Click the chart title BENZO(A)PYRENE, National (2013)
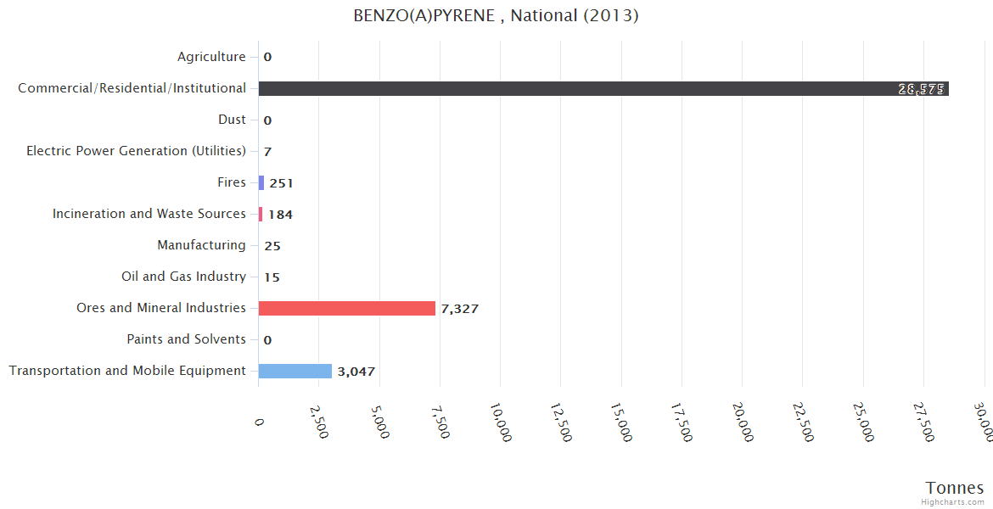[x=496, y=16]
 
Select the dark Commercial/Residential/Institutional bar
[x=603, y=88]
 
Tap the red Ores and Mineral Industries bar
[x=346, y=308]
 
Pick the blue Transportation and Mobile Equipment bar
[x=295, y=371]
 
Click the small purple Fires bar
[x=261, y=182]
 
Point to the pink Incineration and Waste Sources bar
[x=261, y=214]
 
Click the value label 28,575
[x=921, y=89]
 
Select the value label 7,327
[x=459, y=309]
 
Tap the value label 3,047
[x=356, y=372]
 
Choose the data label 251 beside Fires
[x=281, y=183]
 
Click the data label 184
[x=280, y=215]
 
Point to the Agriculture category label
[x=211, y=57]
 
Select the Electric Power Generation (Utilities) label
[x=136, y=151]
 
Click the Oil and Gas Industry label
[x=183, y=277]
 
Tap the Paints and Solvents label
[x=186, y=339]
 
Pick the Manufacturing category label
[x=201, y=245]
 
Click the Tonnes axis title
[x=955, y=488]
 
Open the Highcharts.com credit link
[x=953, y=502]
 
